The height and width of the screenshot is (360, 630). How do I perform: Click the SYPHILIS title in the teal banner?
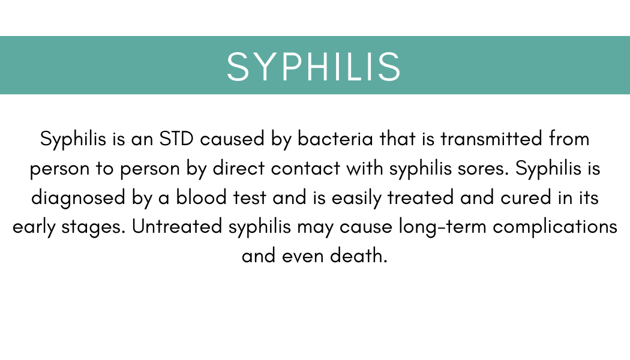point(314,67)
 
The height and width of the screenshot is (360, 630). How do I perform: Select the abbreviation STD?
point(176,139)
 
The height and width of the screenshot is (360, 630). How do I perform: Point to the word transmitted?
point(491,139)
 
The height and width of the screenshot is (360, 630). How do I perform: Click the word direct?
point(238,168)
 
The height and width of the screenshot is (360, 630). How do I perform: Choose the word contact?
point(305,169)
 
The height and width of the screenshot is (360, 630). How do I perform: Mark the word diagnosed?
point(79,197)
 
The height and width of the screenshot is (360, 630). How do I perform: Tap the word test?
point(250,197)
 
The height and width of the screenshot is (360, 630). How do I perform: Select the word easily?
point(356,198)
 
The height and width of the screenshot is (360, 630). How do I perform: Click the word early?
point(34,227)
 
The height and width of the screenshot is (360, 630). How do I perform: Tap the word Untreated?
point(177,226)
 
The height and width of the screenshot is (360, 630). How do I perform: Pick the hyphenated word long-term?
point(442,227)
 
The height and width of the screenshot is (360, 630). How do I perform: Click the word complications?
point(555,227)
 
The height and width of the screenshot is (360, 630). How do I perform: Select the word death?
point(358,256)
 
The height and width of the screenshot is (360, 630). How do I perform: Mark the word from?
point(569,139)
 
